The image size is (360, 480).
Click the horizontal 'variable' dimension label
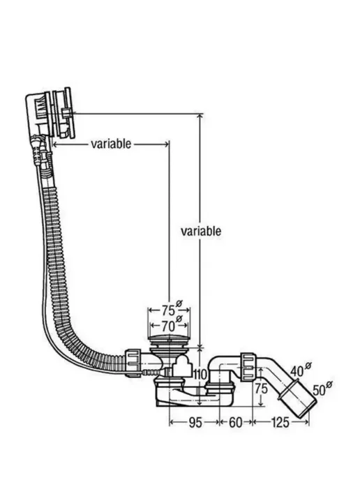click(x=111, y=143)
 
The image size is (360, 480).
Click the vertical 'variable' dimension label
click(x=201, y=231)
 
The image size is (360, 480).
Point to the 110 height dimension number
click(x=201, y=374)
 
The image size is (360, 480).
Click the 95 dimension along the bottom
click(x=195, y=423)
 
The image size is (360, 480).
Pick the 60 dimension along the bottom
click(x=235, y=423)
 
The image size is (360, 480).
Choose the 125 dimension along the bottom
click(x=280, y=423)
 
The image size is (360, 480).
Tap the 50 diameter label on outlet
click(x=322, y=388)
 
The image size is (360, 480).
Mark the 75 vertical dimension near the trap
click(x=261, y=389)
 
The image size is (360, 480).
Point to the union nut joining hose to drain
click(x=133, y=363)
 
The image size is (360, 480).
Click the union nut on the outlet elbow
click(x=248, y=367)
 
